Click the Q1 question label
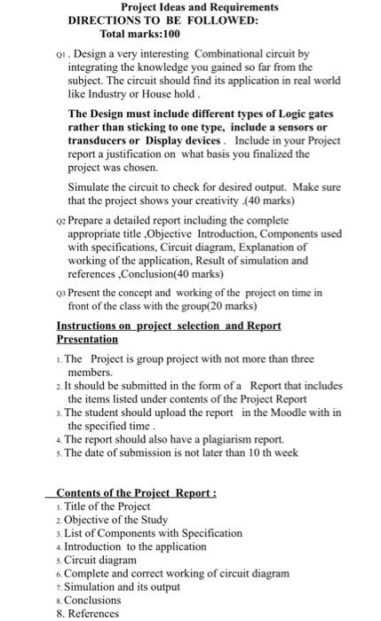pos(60,54)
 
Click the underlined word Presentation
pos(87,339)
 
